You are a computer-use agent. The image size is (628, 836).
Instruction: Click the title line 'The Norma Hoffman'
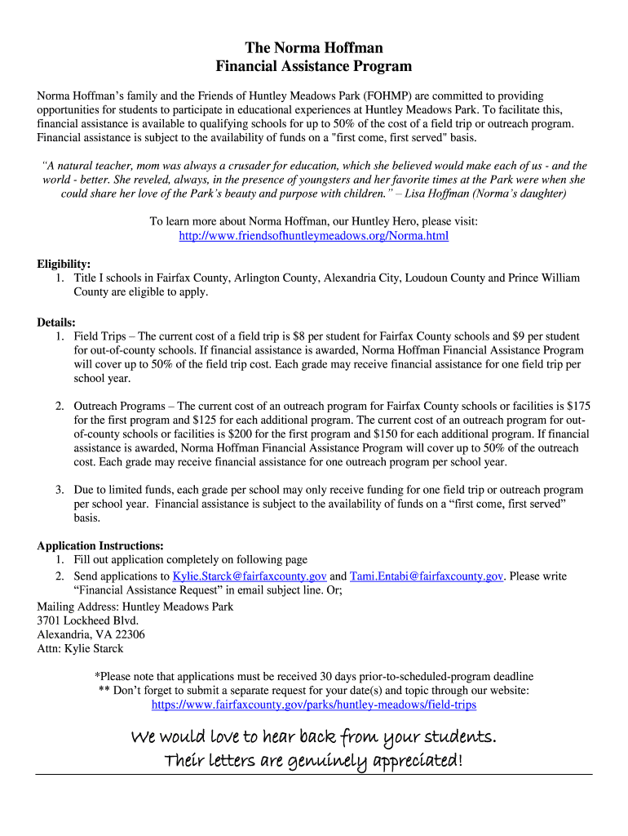(x=314, y=48)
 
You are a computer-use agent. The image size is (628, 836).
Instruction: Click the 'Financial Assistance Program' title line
(x=314, y=66)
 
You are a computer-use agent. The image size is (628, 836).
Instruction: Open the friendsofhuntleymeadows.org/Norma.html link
(x=314, y=236)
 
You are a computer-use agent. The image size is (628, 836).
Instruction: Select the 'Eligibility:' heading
(x=64, y=264)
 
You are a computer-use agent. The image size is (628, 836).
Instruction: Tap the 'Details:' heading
(x=56, y=322)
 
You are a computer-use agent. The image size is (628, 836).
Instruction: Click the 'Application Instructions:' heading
(x=100, y=545)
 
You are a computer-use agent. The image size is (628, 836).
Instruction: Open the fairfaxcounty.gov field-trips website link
(x=314, y=705)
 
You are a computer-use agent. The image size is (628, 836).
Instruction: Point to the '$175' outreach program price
(x=578, y=406)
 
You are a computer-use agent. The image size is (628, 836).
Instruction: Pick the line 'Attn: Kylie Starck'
(x=80, y=648)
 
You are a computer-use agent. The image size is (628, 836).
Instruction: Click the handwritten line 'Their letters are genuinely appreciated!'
(x=314, y=761)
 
